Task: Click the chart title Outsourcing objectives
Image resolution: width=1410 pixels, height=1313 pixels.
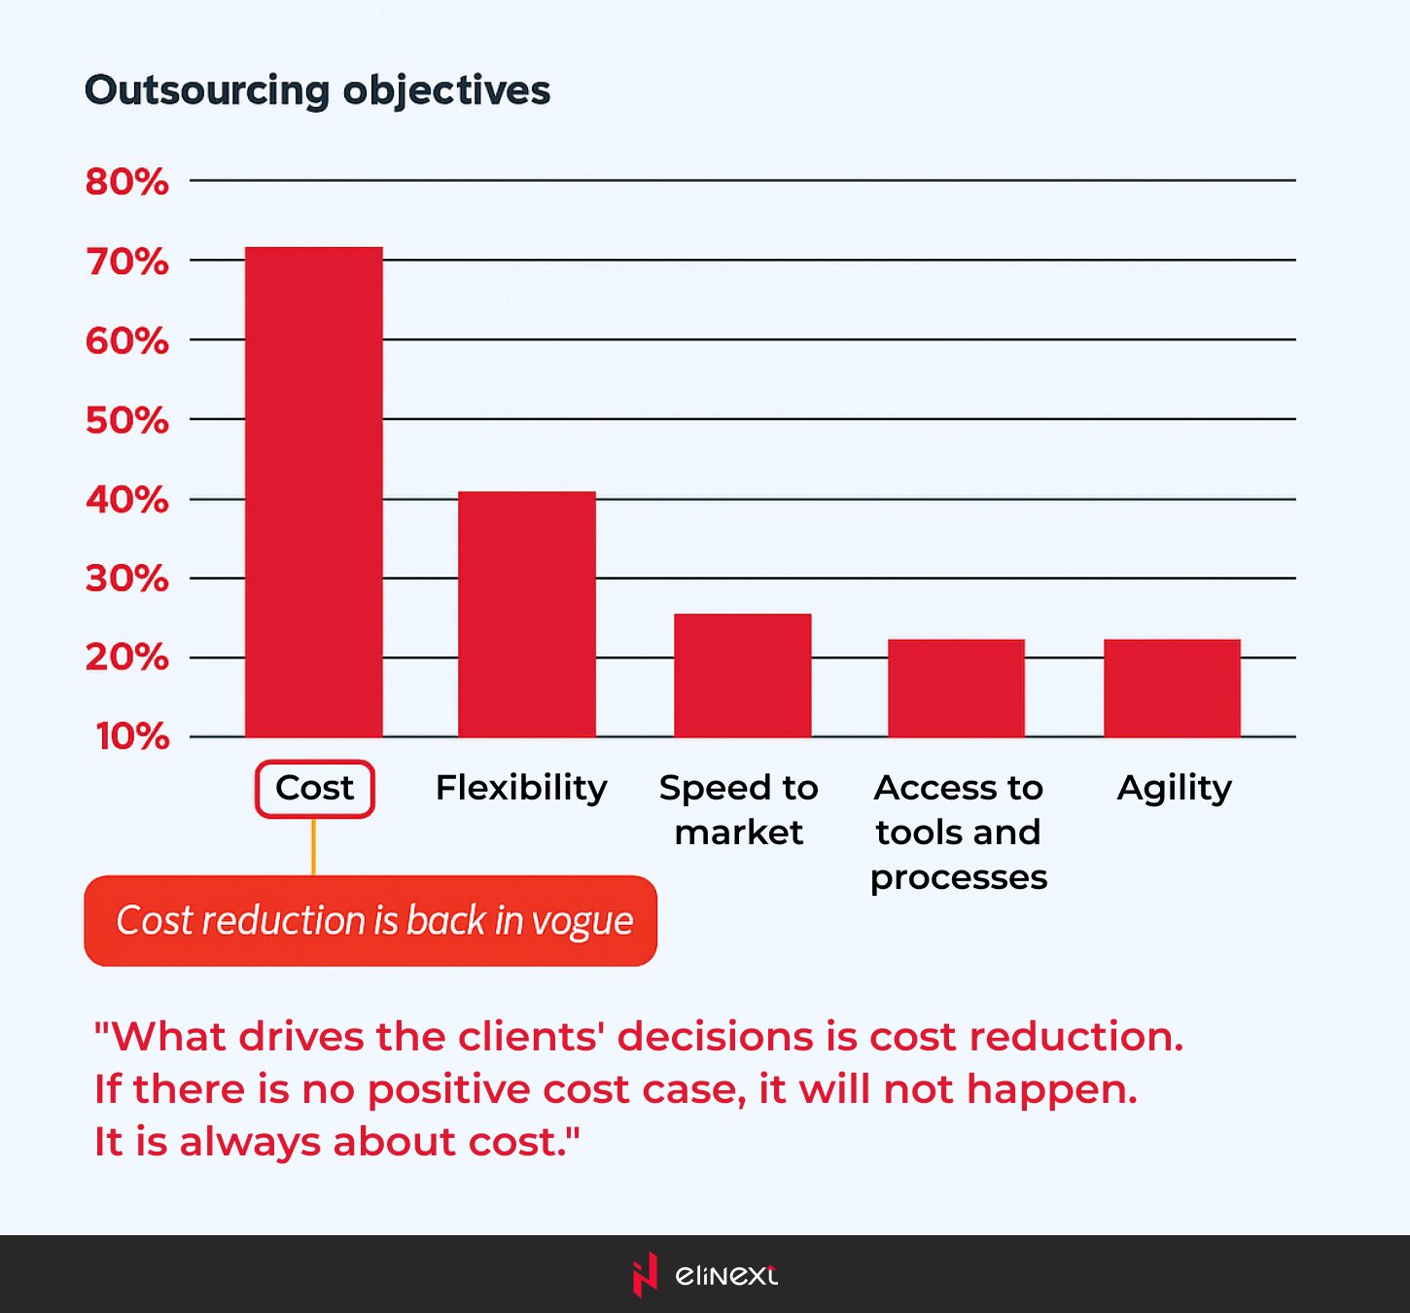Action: [317, 90]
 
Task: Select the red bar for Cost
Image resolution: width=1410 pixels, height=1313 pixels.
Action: [313, 491]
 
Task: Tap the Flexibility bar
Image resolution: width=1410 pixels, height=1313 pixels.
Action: [526, 614]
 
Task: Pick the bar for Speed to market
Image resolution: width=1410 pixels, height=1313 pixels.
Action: [742, 675]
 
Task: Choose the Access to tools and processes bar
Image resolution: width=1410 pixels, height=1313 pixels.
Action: [956, 688]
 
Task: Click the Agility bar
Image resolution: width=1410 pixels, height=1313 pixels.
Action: [1172, 688]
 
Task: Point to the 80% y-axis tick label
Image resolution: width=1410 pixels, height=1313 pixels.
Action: [126, 182]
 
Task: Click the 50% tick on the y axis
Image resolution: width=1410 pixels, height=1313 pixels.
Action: [126, 421]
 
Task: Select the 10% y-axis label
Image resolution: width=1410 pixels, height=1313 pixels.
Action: [132, 736]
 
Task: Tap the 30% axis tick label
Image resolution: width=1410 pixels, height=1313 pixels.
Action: [126, 579]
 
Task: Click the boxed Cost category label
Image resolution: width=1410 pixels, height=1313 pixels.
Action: [314, 788]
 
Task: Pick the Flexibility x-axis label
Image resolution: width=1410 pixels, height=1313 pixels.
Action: [521, 788]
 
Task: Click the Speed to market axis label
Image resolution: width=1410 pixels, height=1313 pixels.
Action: [739, 809]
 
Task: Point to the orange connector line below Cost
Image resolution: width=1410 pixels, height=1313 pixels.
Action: [313, 846]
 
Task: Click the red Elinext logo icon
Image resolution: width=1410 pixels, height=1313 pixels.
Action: [644, 1274]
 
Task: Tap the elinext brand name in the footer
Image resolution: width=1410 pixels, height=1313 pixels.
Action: [725, 1275]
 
